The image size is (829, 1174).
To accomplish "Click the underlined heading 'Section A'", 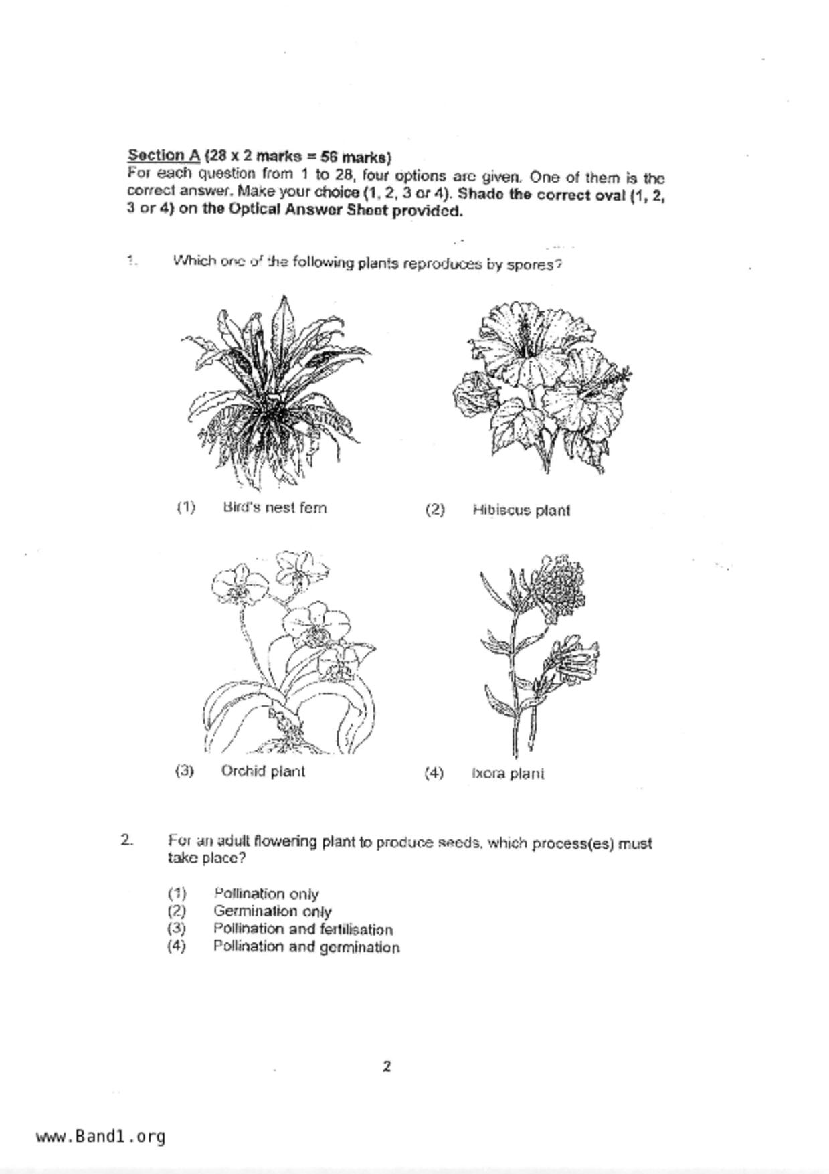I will point(164,156).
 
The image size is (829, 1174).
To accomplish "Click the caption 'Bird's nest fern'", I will point(274,507).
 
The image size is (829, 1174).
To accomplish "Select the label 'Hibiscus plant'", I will point(521,510).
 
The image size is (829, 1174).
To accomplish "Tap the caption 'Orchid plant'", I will point(263,771).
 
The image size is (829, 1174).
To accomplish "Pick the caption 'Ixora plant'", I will point(508,774).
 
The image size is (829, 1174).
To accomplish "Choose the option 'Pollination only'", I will point(266,894).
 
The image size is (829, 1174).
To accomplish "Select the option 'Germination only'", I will point(272,911).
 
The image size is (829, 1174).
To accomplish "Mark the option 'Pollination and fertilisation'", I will point(302,929).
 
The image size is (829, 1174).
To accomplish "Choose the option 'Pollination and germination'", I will point(306,947).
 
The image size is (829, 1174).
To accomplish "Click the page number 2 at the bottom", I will point(387,1066).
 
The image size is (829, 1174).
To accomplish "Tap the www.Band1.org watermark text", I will point(101,1137).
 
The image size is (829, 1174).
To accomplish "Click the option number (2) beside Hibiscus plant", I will point(434,510).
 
